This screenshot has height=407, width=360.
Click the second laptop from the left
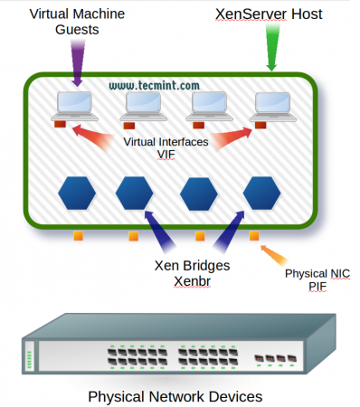coord(142,106)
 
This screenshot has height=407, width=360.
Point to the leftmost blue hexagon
coord(75,192)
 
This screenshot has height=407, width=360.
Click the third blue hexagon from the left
coord(199,192)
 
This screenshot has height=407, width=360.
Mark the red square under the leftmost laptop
coord(60,124)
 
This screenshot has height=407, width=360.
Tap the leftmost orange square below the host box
coord(78,237)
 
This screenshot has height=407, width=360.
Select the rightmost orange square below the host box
coord(253,237)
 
